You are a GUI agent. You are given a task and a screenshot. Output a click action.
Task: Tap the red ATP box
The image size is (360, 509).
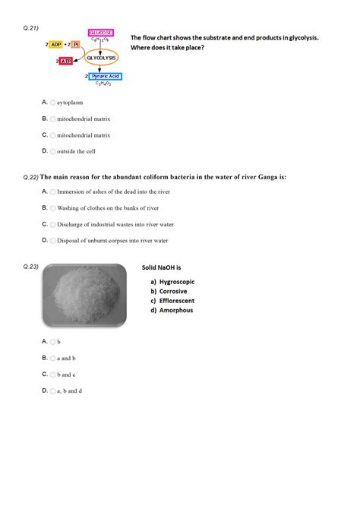point(66,61)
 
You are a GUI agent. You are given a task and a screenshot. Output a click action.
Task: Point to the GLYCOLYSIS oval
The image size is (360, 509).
point(101,58)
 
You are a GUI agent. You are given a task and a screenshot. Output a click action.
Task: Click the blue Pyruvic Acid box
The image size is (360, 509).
point(104,77)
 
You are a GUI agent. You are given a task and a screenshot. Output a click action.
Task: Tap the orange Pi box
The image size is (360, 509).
point(76,44)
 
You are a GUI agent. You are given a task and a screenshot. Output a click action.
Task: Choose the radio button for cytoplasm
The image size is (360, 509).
point(53,102)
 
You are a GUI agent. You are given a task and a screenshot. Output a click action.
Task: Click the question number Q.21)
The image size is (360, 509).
point(31,27)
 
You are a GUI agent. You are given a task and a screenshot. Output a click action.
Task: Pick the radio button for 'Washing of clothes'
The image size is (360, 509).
point(53,208)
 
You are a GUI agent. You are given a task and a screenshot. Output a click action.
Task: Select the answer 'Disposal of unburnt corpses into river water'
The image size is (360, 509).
point(112,241)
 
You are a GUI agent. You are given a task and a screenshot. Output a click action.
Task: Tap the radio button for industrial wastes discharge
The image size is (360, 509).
point(53,225)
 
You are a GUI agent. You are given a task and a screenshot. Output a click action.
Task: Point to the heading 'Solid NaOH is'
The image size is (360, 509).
point(163,268)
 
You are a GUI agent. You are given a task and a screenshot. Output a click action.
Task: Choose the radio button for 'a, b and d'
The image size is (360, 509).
point(53,391)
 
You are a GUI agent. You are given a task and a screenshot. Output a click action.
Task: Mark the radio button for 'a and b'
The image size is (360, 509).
point(53,358)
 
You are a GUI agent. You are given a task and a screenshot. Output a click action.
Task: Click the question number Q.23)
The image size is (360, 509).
point(31,267)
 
